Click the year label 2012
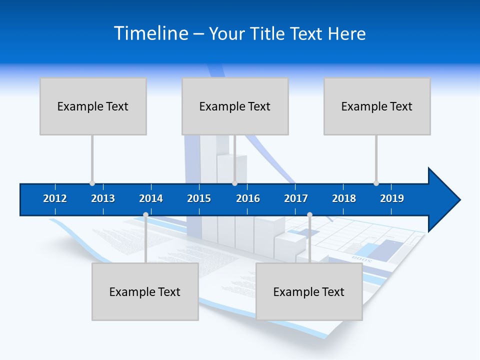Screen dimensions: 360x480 [x=55, y=198]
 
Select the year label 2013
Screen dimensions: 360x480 [x=103, y=198]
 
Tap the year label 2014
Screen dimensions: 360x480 [x=151, y=198]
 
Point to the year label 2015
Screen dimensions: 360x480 [x=199, y=198]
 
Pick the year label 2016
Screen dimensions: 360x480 [x=248, y=198]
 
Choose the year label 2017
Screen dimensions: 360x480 [x=296, y=198]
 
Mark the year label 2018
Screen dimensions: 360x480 [x=344, y=198]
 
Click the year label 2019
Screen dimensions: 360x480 [x=392, y=198]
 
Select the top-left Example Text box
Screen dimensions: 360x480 [x=93, y=106]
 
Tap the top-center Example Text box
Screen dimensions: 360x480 [x=235, y=106]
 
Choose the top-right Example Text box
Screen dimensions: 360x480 [x=377, y=106]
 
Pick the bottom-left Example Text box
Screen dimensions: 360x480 [x=145, y=291]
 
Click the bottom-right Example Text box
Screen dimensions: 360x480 [x=309, y=291]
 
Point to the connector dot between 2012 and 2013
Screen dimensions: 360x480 [x=92, y=183]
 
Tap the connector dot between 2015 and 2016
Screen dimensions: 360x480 [x=234, y=183]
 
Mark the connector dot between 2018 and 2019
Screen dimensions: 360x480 [x=376, y=183]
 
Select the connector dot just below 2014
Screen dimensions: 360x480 [x=145, y=215]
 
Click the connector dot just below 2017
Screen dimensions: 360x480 [x=309, y=215]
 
